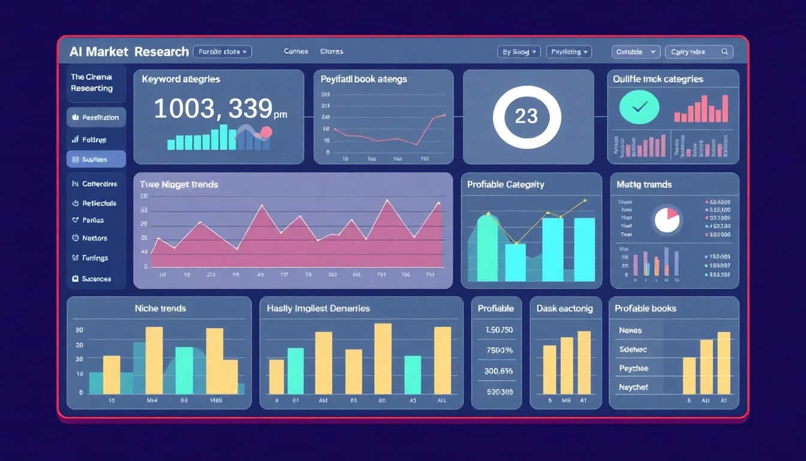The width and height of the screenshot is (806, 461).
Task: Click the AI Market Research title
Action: point(129,52)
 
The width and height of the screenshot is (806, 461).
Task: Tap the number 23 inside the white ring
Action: point(526,116)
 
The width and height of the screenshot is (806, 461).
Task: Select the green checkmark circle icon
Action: point(639,107)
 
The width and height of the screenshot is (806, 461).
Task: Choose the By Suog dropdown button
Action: point(519,52)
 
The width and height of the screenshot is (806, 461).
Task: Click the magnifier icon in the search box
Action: point(725,52)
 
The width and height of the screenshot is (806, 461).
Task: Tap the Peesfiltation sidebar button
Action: point(96,118)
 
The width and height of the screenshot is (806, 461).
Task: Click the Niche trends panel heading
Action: point(160,309)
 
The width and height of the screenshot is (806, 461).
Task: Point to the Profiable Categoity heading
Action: point(506,185)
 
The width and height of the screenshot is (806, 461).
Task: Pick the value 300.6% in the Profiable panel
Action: point(498,371)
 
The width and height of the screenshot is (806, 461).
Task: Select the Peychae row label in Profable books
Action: point(633,368)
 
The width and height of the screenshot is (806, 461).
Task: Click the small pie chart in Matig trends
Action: point(667,219)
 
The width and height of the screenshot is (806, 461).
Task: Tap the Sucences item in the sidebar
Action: point(96,279)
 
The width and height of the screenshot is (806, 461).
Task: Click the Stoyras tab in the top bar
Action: point(332,52)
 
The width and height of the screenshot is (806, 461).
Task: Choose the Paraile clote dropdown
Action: point(222,52)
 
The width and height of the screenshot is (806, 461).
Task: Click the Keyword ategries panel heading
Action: point(181,79)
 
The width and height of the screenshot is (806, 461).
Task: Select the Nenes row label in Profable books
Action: point(630,330)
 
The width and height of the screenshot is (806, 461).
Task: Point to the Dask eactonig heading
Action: point(564,309)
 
